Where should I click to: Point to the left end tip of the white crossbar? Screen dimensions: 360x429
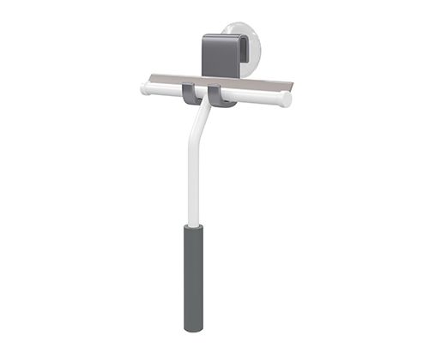pos(143,87)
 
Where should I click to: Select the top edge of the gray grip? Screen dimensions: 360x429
pos(193,226)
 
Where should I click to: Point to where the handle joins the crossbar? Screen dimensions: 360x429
pos(206,105)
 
